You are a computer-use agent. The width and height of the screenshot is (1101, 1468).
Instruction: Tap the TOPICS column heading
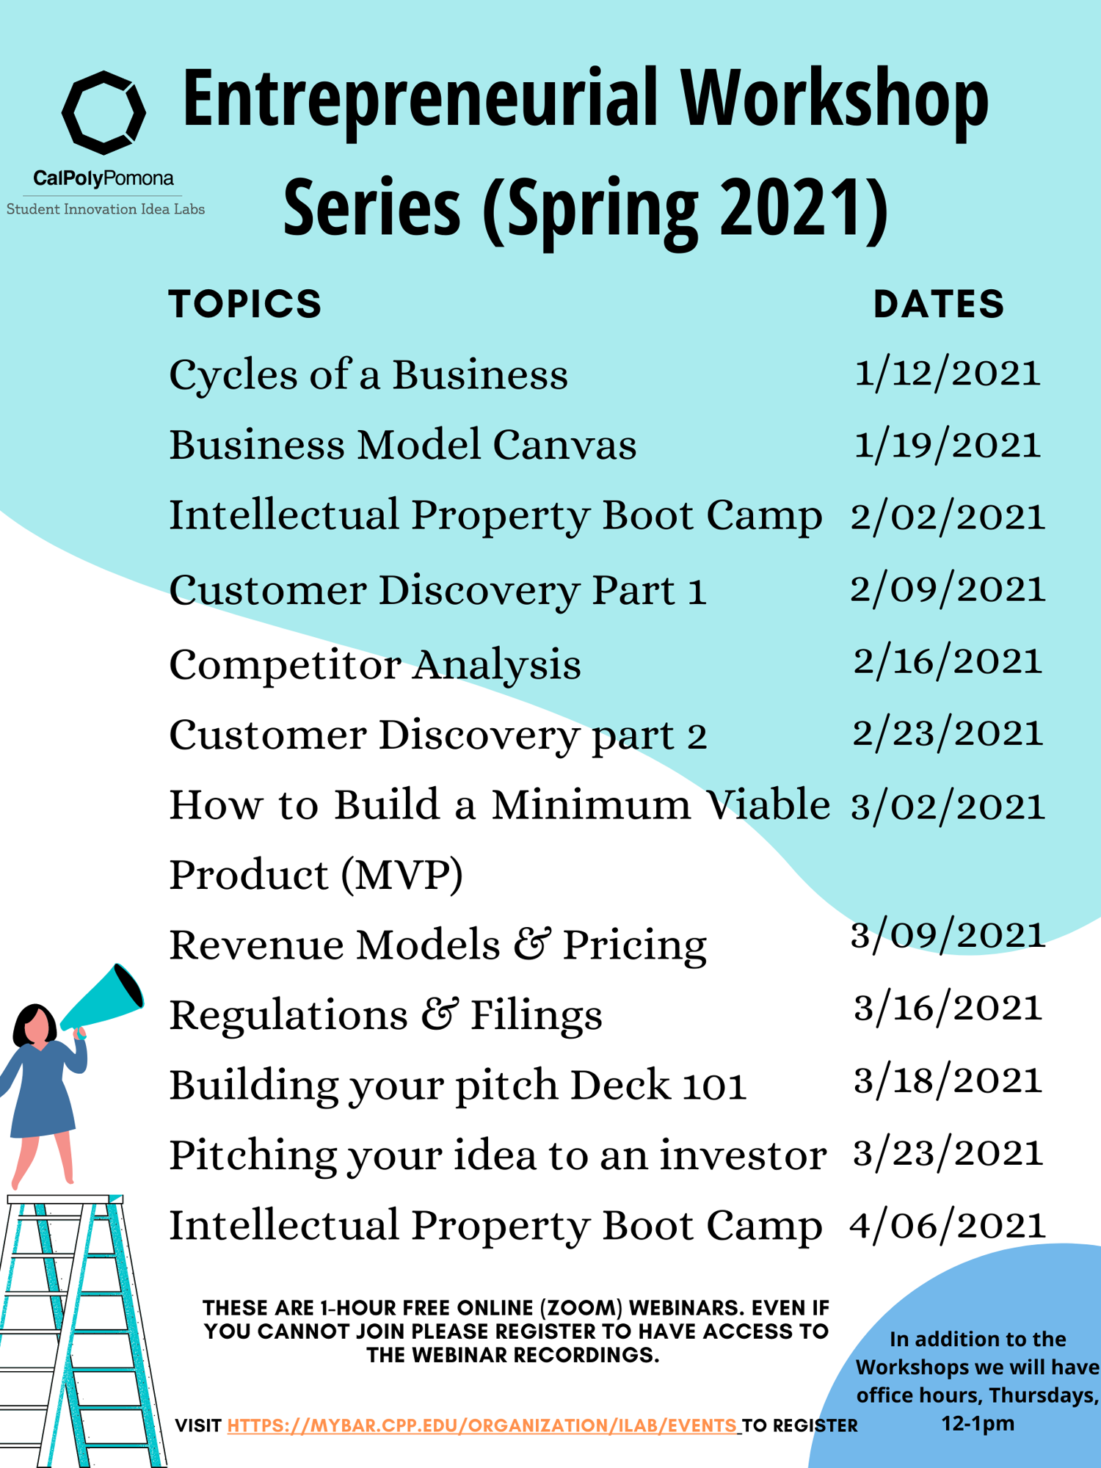tap(245, 304)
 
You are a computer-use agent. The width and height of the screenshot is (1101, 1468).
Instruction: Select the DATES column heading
tap(939, 304)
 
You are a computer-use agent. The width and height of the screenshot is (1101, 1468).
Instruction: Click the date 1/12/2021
tap(948, 374)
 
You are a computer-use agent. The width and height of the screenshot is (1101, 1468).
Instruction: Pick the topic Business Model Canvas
tap(403, 445)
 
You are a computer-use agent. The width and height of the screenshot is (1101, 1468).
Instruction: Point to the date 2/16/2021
tap(948, 661)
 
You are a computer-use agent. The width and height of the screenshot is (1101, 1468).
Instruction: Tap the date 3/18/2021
tap(948, 1080)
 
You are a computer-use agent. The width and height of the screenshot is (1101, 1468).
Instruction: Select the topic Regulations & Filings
tap(386, 1016)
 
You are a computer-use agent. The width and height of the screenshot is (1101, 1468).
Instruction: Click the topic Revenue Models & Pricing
tap(438, 945)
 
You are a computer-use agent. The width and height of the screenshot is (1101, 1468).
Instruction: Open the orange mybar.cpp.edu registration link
tap(482, 1425)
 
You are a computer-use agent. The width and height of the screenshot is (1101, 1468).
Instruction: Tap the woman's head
tap(34, 1024)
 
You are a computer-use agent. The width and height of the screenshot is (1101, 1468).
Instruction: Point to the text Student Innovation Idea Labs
tap(106, 209)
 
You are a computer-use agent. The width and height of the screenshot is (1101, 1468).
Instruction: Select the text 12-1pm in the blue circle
tap(978, 1423)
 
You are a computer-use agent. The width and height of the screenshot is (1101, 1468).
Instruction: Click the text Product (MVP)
tap(316, 875)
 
